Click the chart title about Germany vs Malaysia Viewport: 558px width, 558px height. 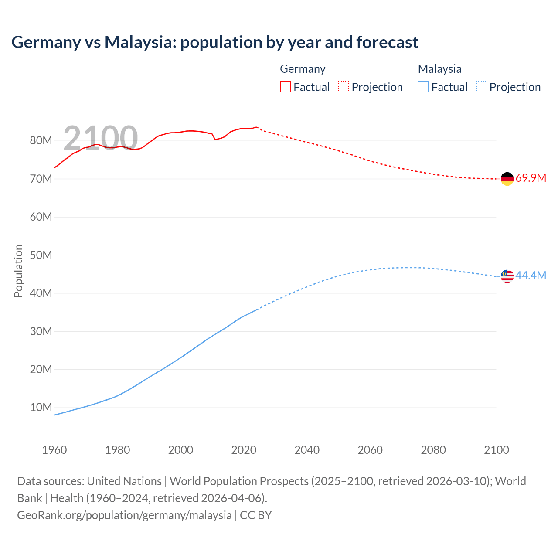pyautogui.click(x=214, y=42)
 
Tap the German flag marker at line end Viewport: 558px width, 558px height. pyautogui.click(x=507, y=179)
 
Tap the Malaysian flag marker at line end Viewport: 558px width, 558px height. pyautogui.click(x=507, y=276)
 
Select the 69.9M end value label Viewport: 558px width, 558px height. pyautogui.click(x=531, y=178)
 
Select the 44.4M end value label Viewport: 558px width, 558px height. pyautogui.click(x=531, y=276)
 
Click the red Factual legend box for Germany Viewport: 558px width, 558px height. pyautogui.click(x=285, y=87)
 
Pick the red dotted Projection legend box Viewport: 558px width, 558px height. pyautogui.click(x=344, y=87)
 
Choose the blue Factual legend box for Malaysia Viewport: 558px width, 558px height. pyautogui.click(x=423, y=87)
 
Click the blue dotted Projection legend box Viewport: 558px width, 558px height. pyautogui.click(x=481, y=87)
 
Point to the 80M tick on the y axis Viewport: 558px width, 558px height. pyautogui.click(x=41, y=140)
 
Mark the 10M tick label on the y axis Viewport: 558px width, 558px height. pyautogui.click(x=41, y=408)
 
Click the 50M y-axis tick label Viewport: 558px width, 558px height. pyautogui.click(x=41, y=255)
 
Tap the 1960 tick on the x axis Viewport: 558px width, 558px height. pyautogui.click(x=54, y=450)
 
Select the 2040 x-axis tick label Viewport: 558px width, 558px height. pyautogui.click(x=307, y=450)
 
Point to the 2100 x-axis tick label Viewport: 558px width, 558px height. pyautogui.click(x=496, y=450)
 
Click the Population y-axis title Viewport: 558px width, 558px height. pyautogui.click(x=18, y=271)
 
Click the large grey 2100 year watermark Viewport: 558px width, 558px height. pyautogui.click(x=101, y=138)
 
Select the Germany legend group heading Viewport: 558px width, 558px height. pyautogui.click(x=303, y=69)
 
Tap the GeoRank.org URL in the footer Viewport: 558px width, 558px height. pyautogui.click(x=124, y=515)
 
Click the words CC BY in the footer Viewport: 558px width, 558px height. pyautogui.click(x=256, y=515)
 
